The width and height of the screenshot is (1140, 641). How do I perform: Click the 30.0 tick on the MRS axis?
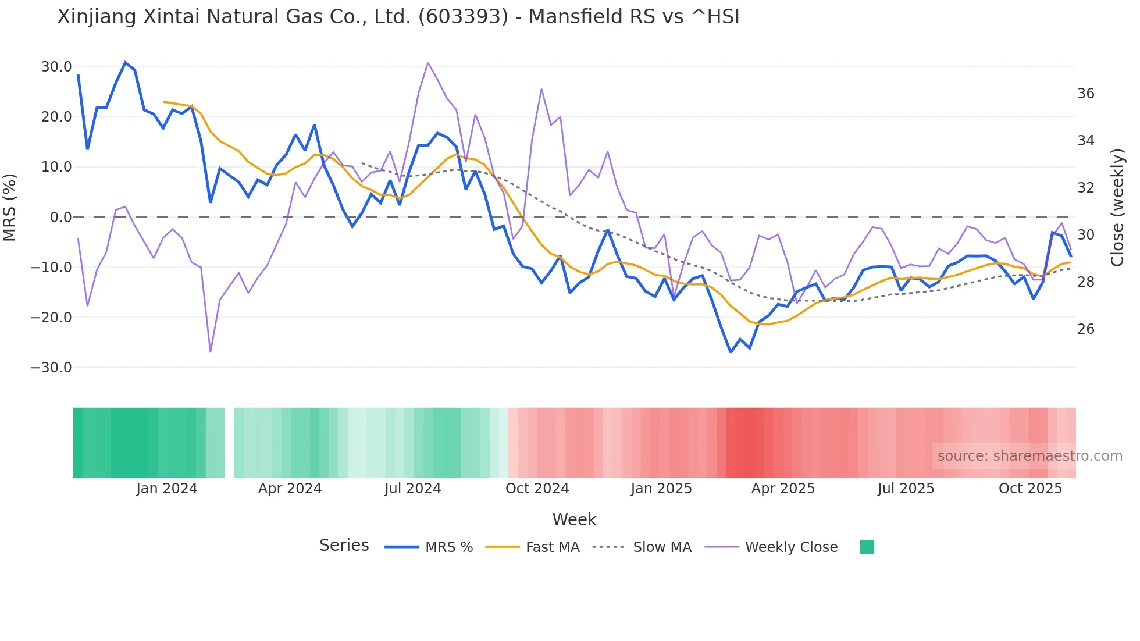tap(56, 67)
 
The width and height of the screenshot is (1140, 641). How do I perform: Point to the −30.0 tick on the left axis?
tap(51, 368)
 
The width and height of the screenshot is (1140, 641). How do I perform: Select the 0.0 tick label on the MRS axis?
tap(60, 218)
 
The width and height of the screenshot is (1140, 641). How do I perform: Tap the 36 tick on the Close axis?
tap(1086, 94)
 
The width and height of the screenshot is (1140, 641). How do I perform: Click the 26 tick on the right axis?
tap(1086, 329)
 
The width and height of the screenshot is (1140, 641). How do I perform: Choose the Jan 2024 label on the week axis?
tap(167, 489)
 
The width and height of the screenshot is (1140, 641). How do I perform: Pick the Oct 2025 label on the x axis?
tap(1030, 489)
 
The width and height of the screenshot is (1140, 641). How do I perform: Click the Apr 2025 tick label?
tap(783, 489)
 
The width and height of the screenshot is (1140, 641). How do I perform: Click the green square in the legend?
tap(867, 547)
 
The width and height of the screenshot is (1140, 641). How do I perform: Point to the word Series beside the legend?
tap(344, 546)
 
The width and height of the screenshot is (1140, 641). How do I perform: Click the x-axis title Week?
tap(574, 519)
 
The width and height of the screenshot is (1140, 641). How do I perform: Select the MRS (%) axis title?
tap(10, 207)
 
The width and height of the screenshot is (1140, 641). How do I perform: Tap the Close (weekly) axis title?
tap(1117, 208)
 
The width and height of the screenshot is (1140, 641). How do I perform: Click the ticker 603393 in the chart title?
tap(463, 17)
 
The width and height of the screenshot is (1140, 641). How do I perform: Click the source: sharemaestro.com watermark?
tap(1029, 456)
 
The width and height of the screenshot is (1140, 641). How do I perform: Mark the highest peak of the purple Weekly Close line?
tap(428, 63)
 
